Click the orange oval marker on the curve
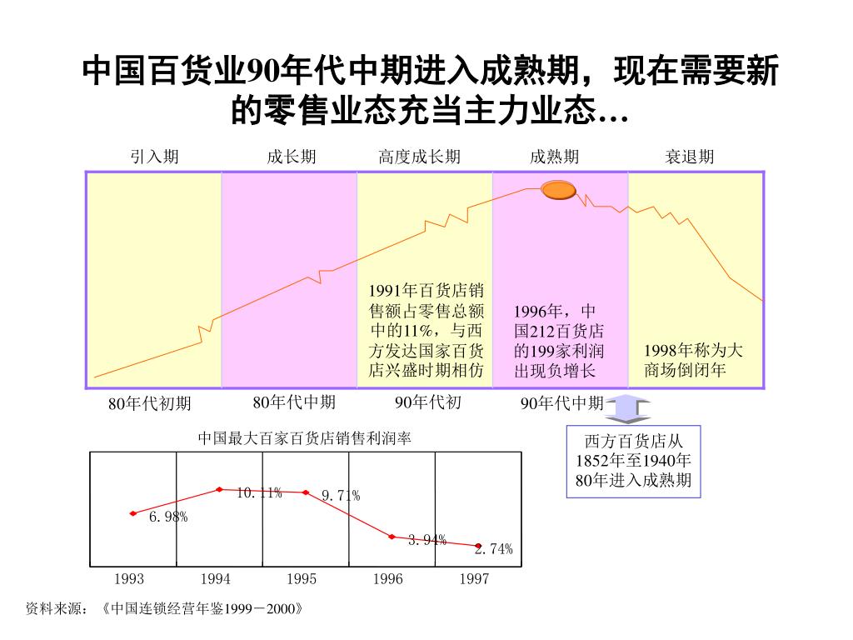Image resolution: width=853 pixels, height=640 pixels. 559,190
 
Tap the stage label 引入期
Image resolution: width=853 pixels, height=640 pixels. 154,157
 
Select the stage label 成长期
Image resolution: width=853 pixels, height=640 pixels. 292,157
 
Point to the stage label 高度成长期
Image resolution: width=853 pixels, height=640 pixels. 419,157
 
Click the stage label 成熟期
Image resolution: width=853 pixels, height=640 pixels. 555,157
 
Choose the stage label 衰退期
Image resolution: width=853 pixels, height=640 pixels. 689,157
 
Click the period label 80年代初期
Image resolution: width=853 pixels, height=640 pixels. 150,404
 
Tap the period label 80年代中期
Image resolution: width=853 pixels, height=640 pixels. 294,402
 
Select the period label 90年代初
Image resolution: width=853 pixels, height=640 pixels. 427,402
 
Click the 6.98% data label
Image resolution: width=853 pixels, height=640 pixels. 168,517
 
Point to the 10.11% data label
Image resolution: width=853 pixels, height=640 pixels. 259,492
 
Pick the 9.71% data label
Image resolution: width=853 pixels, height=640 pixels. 341,496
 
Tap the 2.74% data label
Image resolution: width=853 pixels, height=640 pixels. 494,548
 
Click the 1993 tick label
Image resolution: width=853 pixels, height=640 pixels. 129,579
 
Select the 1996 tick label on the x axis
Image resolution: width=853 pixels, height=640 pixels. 388,579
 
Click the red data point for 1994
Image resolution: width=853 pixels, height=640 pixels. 219,489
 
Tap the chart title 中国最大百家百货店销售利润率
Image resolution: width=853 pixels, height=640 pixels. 305,437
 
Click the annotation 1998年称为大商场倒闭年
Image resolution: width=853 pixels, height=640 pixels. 693,359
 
